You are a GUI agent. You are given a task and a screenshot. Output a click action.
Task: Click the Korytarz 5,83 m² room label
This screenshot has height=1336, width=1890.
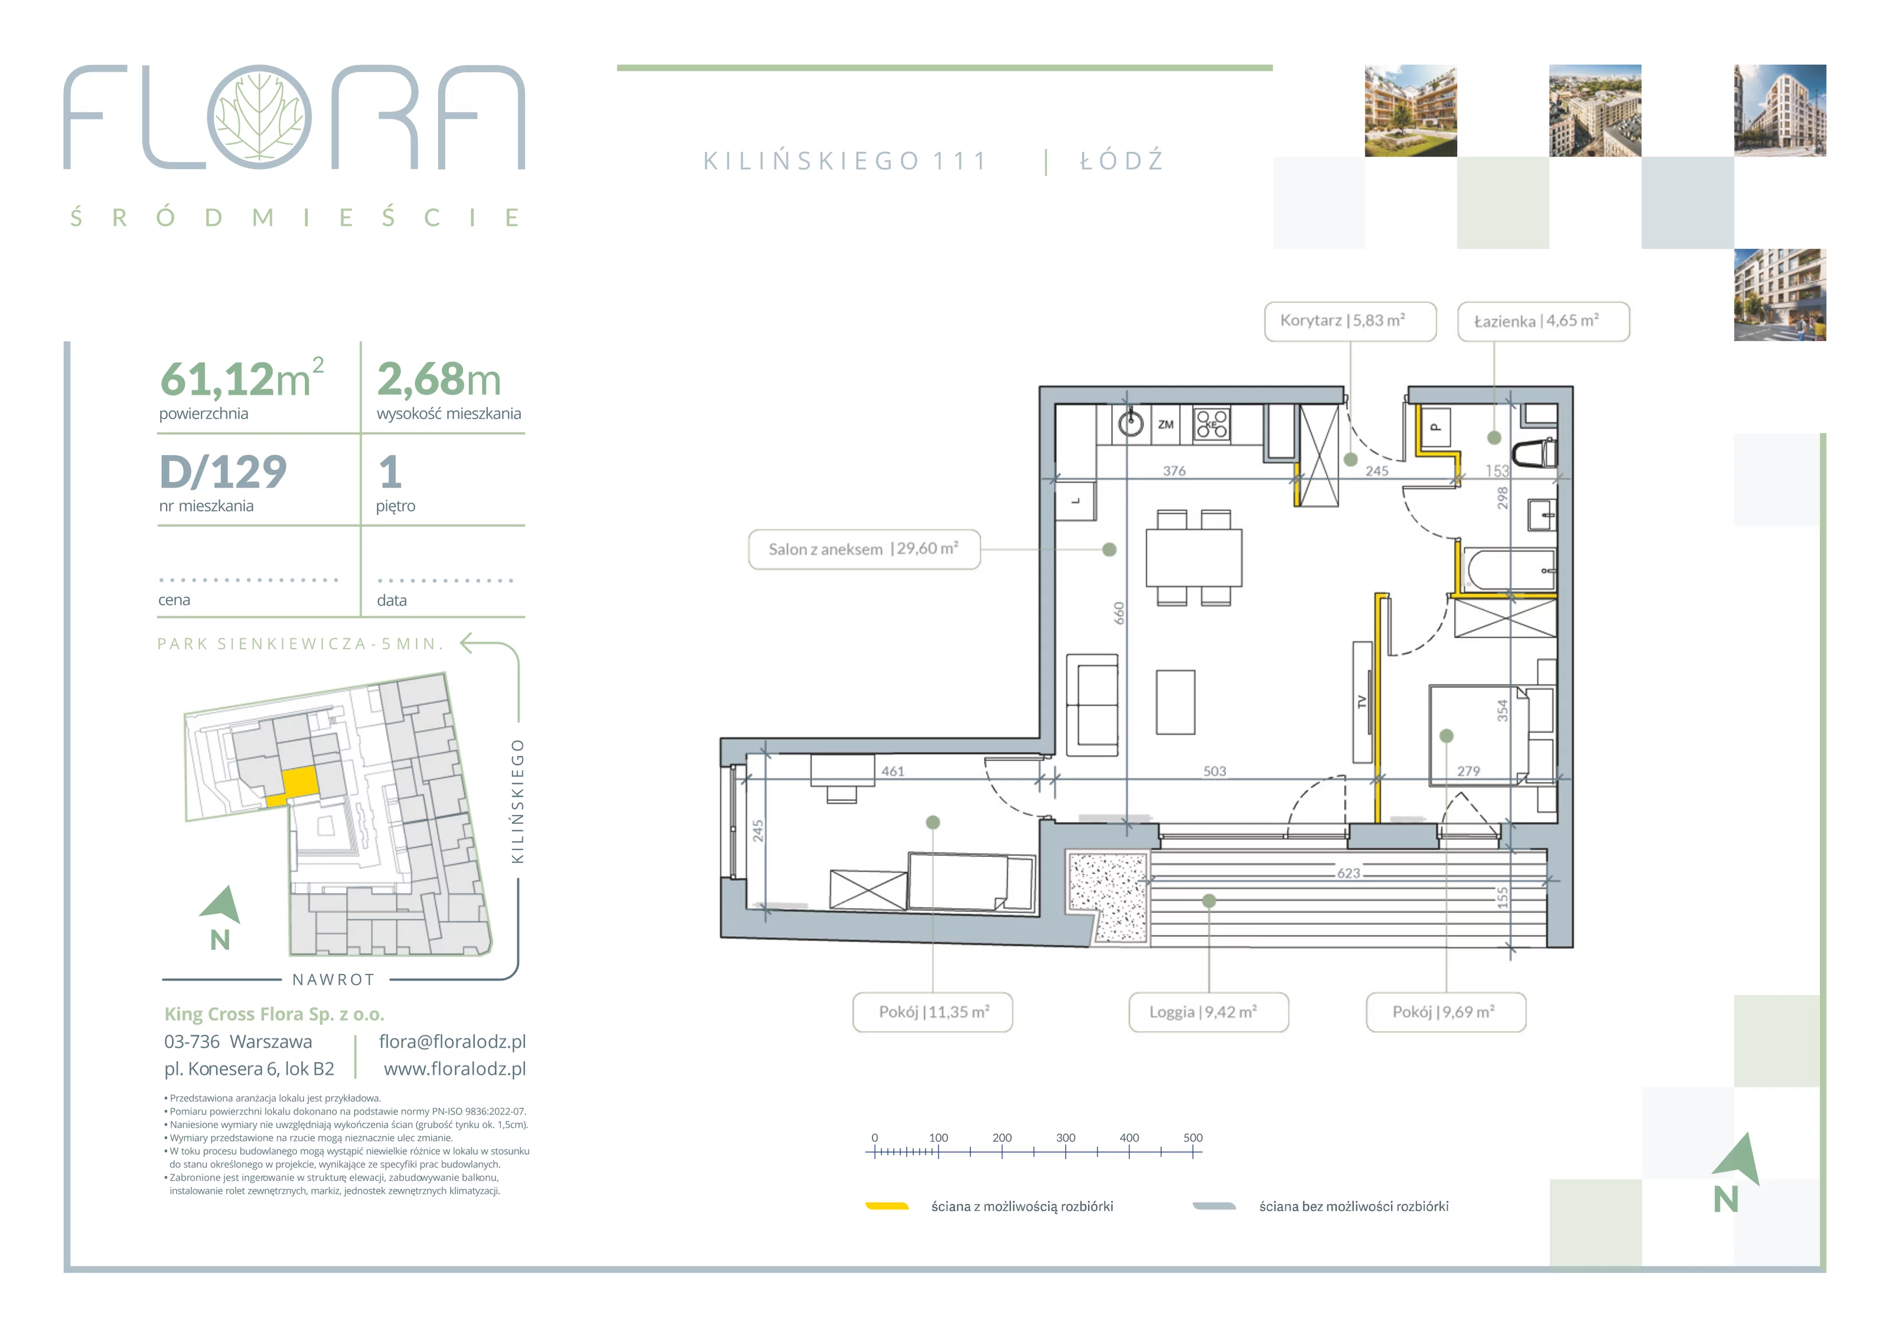pos(1350,321)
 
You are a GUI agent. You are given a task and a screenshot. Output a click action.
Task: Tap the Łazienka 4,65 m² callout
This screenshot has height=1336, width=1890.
pos(1543,321)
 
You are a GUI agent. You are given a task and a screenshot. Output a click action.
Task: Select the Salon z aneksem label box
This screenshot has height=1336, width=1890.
pos(864,549)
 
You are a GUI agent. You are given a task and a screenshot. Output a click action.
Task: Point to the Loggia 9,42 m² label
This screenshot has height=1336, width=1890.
pos(1208,1012)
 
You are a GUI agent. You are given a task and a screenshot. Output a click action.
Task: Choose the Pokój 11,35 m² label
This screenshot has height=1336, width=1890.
pos(933,1012)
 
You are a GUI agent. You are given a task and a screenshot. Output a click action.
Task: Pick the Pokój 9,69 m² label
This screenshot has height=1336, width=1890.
pos(1446,1012)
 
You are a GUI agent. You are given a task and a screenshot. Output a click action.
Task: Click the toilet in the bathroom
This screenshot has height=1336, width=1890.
pos(1535,452)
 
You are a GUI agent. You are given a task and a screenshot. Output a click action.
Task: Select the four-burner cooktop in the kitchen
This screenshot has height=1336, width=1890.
pos(1212,424)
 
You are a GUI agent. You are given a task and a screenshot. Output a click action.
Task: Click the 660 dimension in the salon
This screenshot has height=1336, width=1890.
pos(1119,613)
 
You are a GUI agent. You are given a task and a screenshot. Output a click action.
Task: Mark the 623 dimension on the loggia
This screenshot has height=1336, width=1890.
pos(1348,872)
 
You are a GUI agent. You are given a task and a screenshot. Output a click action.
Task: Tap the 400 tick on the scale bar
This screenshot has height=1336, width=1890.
pos(1129,1151)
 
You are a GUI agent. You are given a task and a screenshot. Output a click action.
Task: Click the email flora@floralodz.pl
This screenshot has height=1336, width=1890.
pos(452,1041)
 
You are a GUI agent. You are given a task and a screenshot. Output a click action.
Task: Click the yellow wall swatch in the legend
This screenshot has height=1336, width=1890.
pos(887,1206)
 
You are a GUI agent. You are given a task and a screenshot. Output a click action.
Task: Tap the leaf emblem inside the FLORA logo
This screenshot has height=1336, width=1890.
pos(259,116)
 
